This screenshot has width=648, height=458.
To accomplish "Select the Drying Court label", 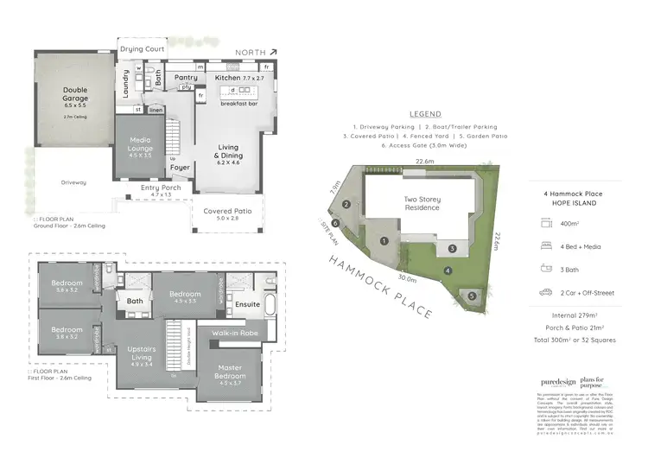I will coord(143,49).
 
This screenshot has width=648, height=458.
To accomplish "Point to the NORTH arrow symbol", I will coord(274,52).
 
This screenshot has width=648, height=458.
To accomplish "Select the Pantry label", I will coord(185,77).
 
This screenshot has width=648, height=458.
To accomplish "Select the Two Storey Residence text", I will coord(422,202).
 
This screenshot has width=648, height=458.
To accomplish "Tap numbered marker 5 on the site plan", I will coord(471,296).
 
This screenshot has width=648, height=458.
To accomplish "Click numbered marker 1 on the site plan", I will coord(382,240).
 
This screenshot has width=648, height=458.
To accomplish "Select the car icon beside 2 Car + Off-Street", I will coord(546,293).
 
